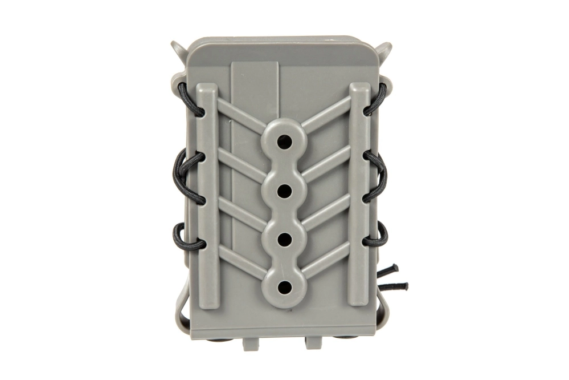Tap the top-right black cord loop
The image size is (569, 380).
pos(378,99)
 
